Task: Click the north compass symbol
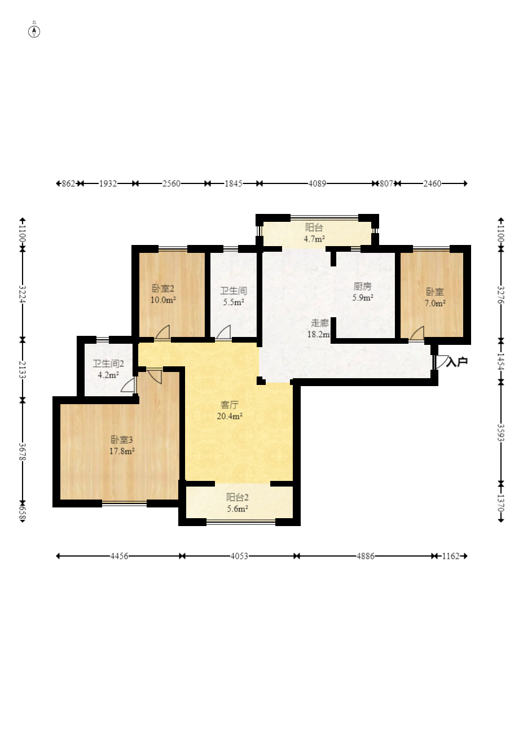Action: (34, 32)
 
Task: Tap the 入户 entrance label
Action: (456, 362)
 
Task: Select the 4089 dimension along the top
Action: (317, 183)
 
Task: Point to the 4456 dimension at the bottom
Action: (119, 556)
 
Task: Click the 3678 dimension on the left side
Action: (23, 451)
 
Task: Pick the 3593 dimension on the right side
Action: (501, 432)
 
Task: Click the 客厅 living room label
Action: (230, 405)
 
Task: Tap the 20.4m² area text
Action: (230, 416)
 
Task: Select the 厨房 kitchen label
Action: (362, 286)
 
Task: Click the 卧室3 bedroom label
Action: (121, 440)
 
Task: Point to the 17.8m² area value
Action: (122, 451)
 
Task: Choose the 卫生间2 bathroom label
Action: (108, 364)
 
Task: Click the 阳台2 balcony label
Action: (238, 497)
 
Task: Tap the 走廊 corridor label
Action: (319, 323)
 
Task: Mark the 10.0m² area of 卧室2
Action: (163, 300)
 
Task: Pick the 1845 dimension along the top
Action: (234, 183)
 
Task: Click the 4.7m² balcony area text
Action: (314, 239)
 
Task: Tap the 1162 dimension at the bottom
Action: (451, 556)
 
